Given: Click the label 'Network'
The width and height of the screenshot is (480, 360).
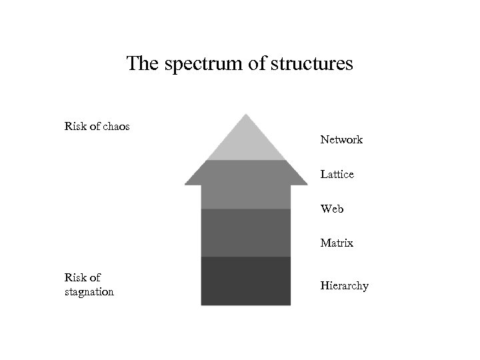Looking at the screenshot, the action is click(341, 140).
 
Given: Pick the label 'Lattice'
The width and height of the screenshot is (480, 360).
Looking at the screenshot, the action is click(337, 174).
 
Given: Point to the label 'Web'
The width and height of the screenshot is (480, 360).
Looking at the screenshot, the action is click(332, 209).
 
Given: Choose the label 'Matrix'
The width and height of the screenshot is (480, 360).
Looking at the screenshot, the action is click(337, 243).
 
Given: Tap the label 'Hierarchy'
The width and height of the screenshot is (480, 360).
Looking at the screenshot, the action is click(344, 286).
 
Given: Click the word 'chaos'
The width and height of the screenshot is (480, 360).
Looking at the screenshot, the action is click(115, 125).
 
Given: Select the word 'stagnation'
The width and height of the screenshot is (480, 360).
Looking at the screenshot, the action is click(89, 292).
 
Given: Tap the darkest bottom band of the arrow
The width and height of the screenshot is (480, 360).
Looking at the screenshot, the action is click(246, 281).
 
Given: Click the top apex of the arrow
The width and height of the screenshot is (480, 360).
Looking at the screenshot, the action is click(246, 116).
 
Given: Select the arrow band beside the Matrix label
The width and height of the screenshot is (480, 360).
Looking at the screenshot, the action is click(246, 233).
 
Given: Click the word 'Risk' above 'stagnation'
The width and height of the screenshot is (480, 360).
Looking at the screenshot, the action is click(75, 277).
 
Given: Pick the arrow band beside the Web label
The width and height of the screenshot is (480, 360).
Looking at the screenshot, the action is click(246, 197).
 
